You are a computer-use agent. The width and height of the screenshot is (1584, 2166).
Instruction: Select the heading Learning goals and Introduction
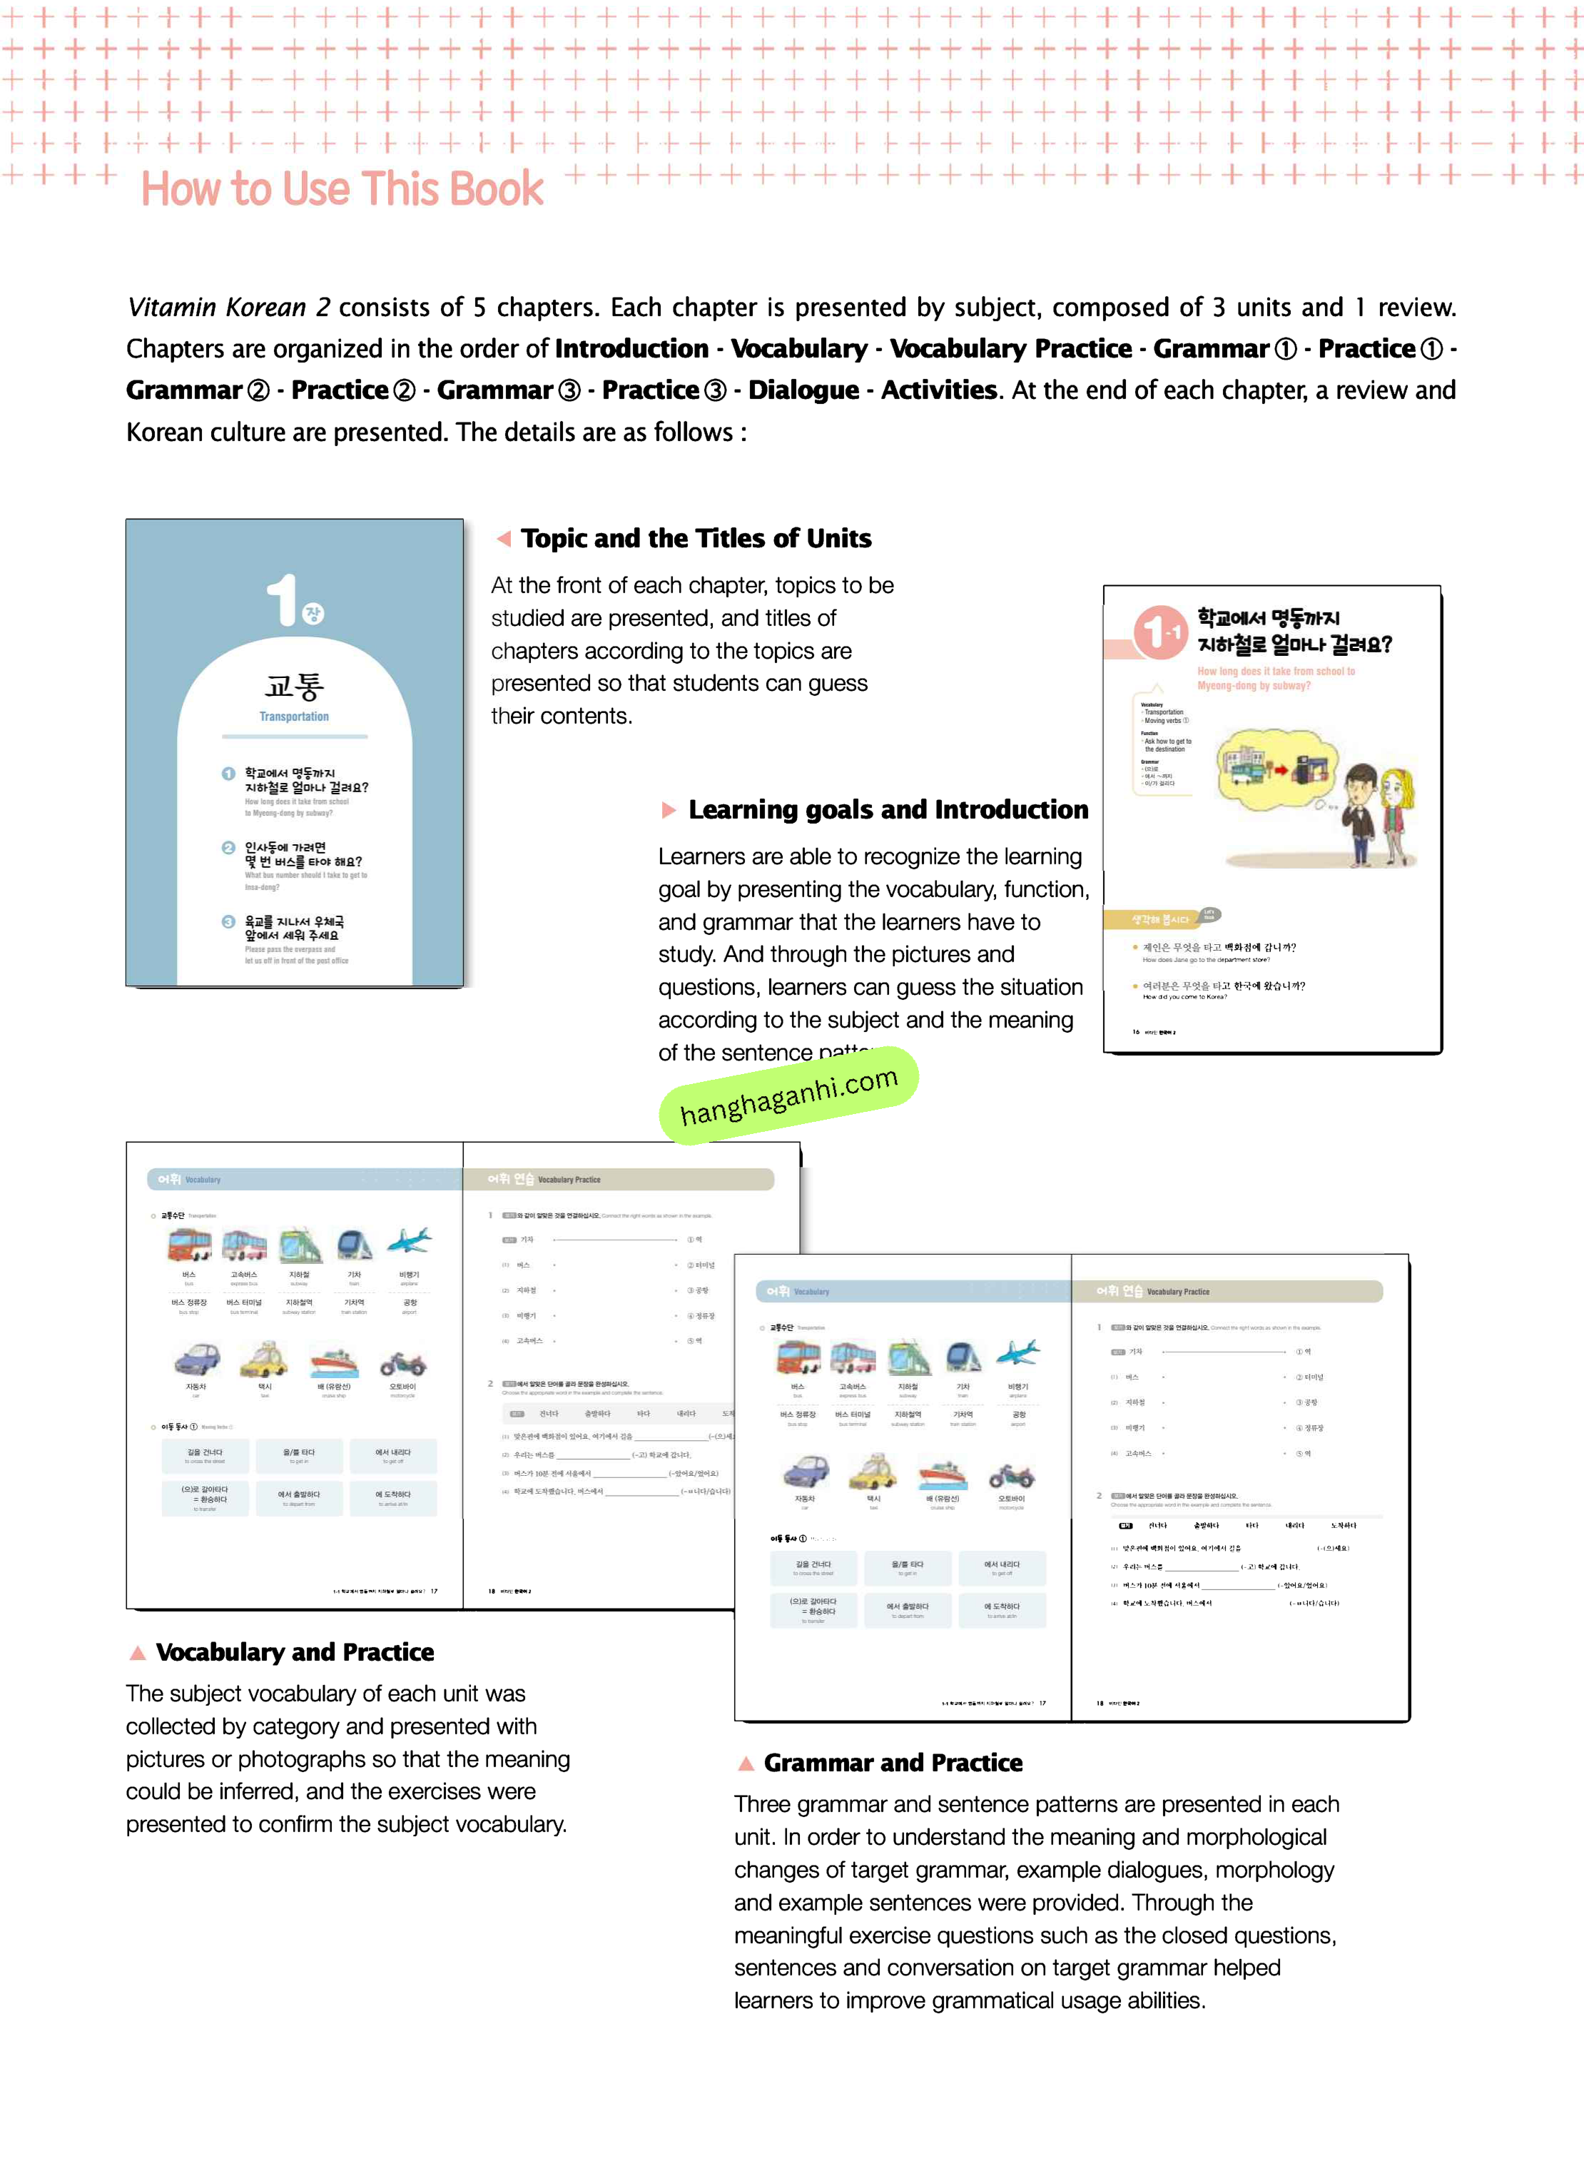point(888,810)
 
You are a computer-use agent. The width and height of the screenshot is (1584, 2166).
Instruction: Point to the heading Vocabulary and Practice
point(295,1652)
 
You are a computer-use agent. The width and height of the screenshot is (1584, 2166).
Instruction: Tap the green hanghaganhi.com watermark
point(788,1096)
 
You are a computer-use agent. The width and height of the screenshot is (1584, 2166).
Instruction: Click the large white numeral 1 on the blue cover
point(283,601)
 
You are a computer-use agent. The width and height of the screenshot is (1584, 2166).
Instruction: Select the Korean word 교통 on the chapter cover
point(295,684)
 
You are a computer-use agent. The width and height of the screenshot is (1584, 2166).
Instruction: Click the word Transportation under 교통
point(295,717)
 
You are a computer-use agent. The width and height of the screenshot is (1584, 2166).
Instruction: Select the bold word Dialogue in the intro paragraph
point(803,390)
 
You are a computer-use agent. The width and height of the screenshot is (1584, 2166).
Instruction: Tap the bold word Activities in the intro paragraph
point(939,390)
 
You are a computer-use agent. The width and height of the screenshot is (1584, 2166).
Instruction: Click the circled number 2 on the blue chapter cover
point(228,848)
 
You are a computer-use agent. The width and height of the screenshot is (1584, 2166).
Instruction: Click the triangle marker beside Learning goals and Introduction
point(669,810)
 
